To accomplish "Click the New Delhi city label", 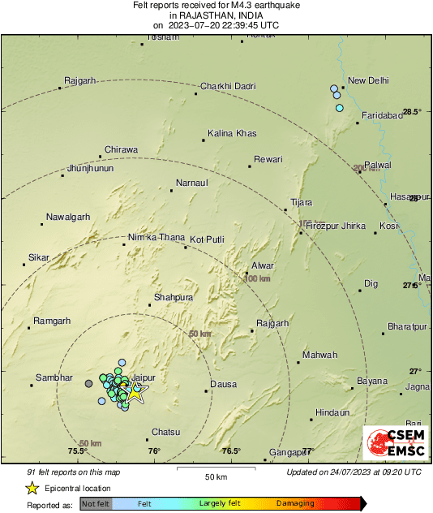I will pyautogui.click(x=368, y=80).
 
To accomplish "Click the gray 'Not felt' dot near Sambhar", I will pyautogui.click(x=89, y=383).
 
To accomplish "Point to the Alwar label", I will pyautogui.click(x=264, y=265).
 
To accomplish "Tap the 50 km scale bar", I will pyautogui.click(x=215, y=469).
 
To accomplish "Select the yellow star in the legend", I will pyautogui.click(x=32, y=488).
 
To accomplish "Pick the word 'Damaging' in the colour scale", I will pyautogui.click(x=295, y=504).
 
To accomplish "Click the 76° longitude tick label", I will pyautogui.click(x=154, y=451).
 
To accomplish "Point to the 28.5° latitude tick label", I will pyautogui.click(x=413, y=111).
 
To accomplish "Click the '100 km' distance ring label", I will pyautogui.click(x=257, y=278).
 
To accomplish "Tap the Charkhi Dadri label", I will pyautogui.click(x=228, y=86).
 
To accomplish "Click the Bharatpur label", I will pyautogui.click(x=407, y=325).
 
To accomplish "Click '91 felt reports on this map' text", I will pyautogui.click(x=73, y=472).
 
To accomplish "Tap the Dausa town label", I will pyautogui.click(x=222, y=383).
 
